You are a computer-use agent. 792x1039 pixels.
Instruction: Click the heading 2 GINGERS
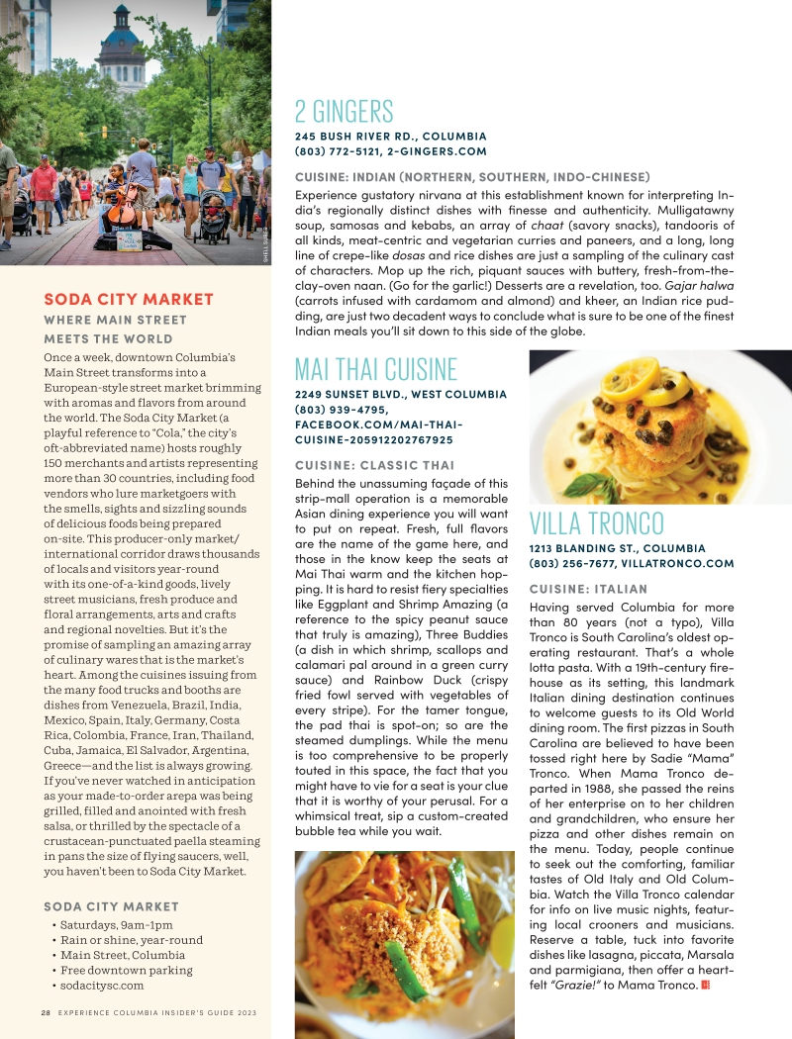pos(344,111)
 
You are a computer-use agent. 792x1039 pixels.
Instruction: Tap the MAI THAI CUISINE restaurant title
pos(375,370)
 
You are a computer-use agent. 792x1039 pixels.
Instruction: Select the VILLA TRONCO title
pos(596,522)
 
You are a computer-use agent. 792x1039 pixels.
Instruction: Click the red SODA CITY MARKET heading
pos(129,299)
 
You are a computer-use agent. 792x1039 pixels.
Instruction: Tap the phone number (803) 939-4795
pos(342,410)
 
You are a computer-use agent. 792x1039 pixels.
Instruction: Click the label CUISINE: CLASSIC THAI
pos(374,465)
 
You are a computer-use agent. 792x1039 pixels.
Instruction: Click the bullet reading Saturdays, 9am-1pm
pos(111,925)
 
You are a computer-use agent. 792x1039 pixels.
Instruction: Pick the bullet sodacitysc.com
pos(101,986)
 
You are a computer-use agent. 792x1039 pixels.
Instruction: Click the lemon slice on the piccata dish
pos(634,380)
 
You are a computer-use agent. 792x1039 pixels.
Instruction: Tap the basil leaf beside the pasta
pos(589,485)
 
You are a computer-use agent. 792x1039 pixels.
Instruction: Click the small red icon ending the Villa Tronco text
pos(705,985)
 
